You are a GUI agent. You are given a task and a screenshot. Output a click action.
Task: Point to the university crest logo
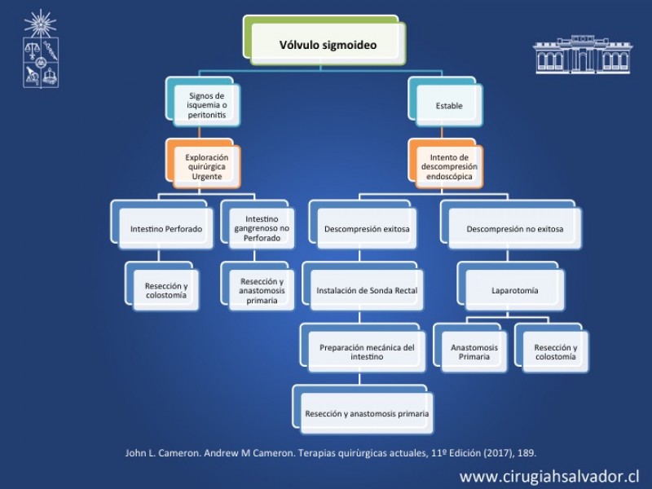(x=40, y=49)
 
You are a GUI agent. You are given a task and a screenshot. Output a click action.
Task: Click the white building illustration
(x=583, y=55)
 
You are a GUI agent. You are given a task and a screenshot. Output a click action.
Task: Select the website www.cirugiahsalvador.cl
(x=548, y=477)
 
